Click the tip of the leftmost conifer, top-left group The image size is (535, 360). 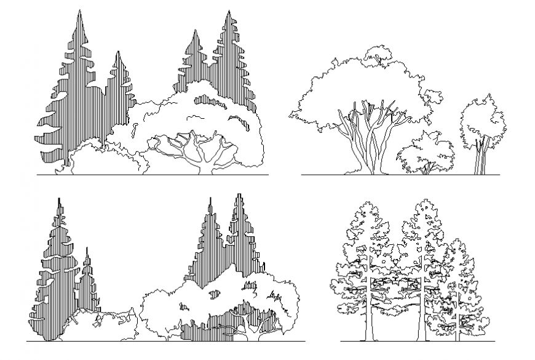coord(78,11)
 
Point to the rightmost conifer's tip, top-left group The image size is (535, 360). coord(231,12)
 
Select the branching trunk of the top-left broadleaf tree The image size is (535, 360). coord(200,154)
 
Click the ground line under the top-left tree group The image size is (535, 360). coord(154,175)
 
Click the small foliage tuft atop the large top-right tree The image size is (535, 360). coord(376,54)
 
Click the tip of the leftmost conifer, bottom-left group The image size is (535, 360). coord(59,200)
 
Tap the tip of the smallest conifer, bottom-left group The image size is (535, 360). coord(87,249)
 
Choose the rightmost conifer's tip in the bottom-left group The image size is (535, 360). coord(238,196)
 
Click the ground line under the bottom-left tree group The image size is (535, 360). coord(166,341)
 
